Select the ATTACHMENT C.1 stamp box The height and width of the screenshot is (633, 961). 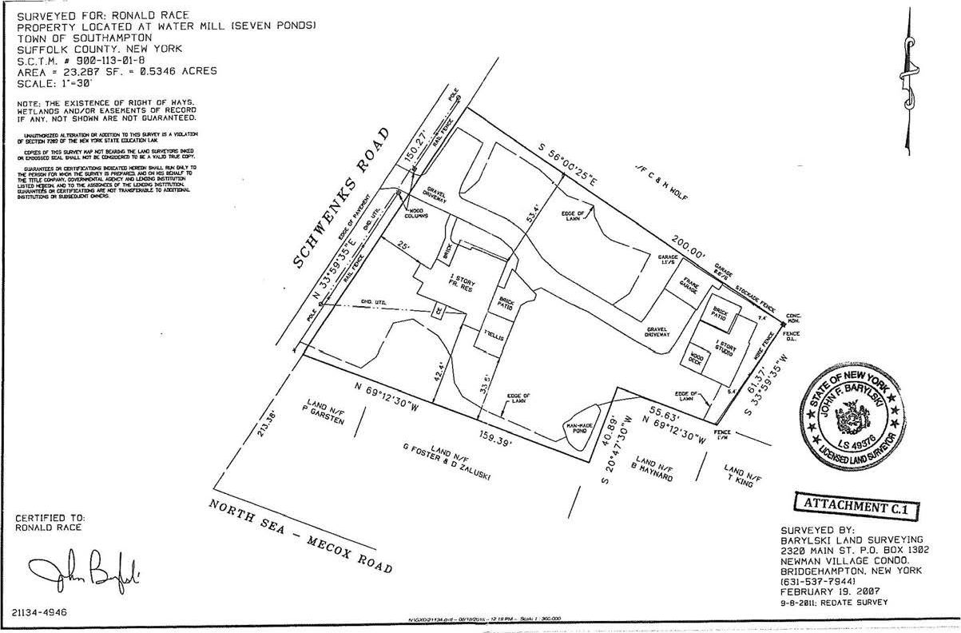coord(856,507)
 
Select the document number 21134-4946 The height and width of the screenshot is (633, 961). coord(40,612)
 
